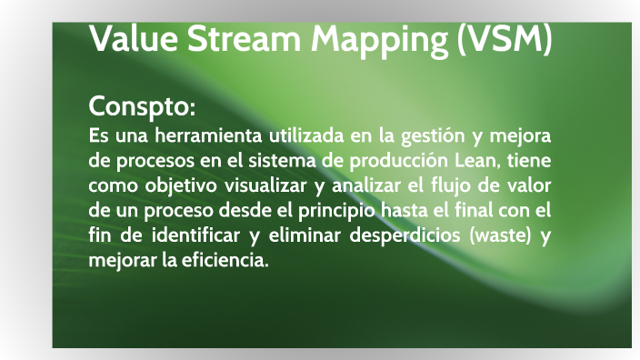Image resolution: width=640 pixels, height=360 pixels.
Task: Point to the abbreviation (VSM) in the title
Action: click(x=504, y=41)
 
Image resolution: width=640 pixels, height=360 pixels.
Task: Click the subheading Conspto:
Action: click(x=142, y=107)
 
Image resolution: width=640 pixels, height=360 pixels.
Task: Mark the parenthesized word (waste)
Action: click(x=498, y=236)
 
